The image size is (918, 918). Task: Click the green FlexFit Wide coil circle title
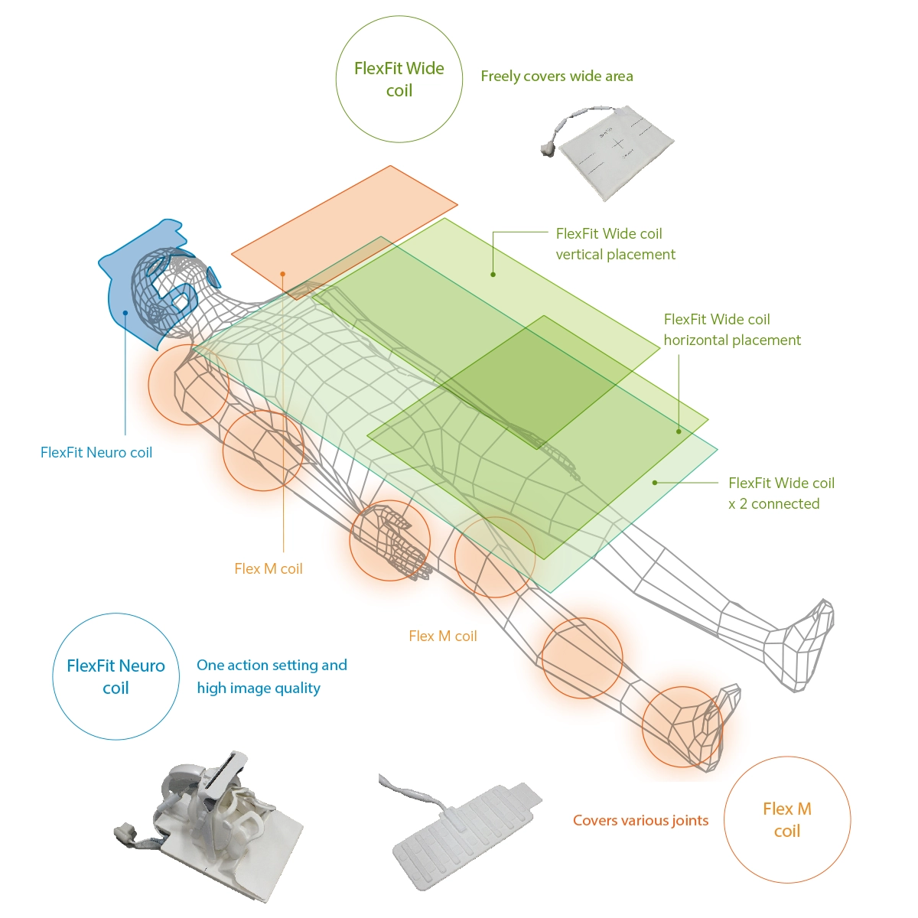(x=399, y=80)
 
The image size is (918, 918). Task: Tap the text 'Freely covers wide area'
(x=557, y=76)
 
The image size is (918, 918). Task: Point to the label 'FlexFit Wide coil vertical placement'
(x=615, y=244)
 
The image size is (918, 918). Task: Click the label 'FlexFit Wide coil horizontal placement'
(x=731, y=330)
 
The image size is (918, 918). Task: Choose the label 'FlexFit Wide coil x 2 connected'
(x=780, y=493)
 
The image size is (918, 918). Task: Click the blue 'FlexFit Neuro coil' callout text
(x=96, y=453)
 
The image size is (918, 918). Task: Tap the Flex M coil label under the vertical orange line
(x=269, y=569)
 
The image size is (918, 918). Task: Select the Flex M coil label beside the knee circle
(x=443, y=636)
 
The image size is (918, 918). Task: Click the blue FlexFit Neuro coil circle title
(x=116, y=677)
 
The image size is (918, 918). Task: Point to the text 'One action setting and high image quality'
(x=272, y=676)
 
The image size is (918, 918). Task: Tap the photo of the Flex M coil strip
(x=463, y=834)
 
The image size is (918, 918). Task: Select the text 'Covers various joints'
(x=640, y=821)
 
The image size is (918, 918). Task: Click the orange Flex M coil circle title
(x=787, y=820)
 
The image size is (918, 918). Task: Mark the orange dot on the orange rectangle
(x=283, y=274)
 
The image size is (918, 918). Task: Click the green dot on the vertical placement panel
(x=493, y=274)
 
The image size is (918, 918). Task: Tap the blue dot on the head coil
(x=126, y=312)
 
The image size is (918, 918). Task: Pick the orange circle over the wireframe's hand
(x=389, y=541)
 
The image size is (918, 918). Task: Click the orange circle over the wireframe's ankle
(x=682, y=727)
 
